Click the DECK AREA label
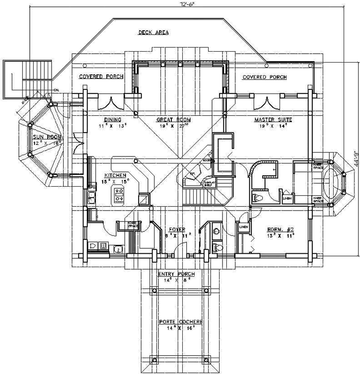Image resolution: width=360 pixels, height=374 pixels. click(153, 33)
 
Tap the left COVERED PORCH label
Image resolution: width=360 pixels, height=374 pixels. click(102, 77)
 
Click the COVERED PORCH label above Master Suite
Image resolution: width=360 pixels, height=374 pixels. click(264, 77)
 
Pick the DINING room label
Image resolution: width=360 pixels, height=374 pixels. click(110, 120)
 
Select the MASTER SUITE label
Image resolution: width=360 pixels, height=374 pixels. click(273, 120)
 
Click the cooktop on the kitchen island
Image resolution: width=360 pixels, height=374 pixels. click(120, 195)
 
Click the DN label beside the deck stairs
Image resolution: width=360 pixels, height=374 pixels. click(57, 89)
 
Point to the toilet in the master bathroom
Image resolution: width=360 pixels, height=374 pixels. click(257, 198)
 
